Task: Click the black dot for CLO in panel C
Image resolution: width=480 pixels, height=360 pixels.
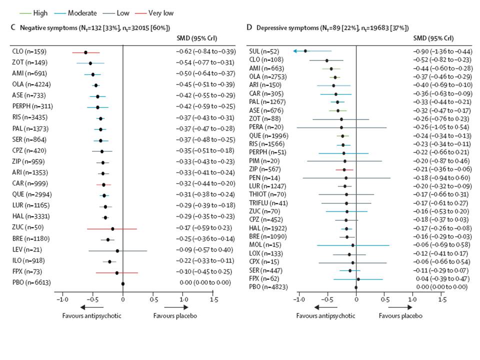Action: coord(85,52)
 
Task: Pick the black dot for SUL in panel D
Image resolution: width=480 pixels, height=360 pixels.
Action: coord(305,51)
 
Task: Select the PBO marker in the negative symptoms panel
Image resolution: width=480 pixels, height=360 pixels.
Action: coord(123,283)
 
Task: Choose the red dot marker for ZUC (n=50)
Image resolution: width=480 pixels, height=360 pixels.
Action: coord(112,228)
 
